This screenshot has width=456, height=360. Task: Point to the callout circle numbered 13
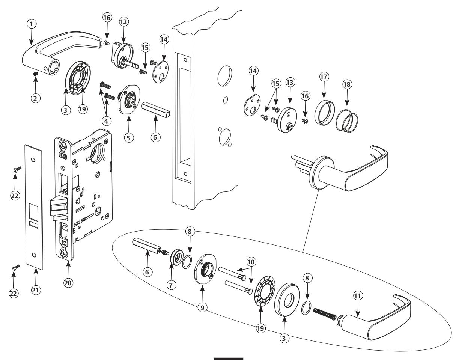tap(291, 82)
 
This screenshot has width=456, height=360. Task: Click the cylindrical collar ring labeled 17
tap(322, 111)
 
